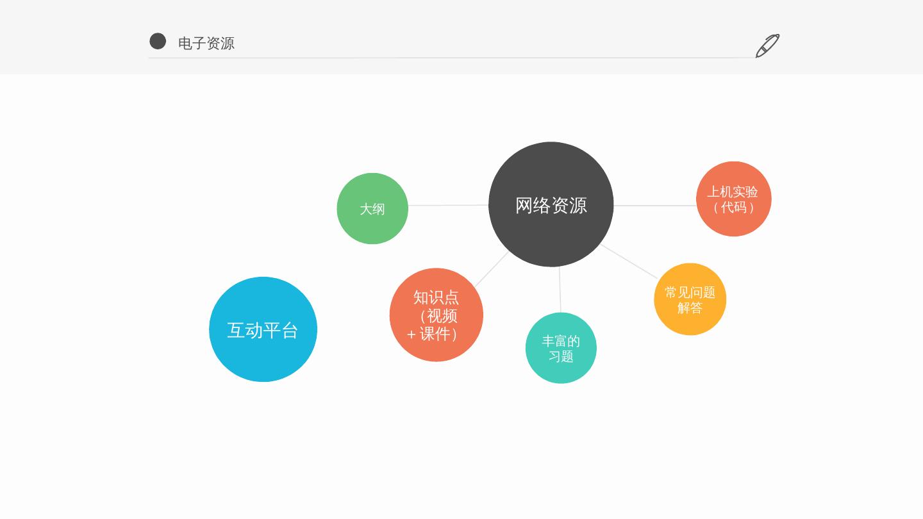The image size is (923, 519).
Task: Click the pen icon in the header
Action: [767, 45]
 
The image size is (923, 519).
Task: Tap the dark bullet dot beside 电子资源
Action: [158, 41]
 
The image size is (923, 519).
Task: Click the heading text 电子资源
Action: [206, 43]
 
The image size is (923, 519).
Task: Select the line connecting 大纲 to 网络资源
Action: [448, 206]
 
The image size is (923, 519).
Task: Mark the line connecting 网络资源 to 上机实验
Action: [654, 206]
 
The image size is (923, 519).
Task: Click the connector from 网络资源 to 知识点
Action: [492, 269]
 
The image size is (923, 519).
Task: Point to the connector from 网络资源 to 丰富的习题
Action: [560, 290]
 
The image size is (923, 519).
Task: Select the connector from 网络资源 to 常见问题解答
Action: [629, 261]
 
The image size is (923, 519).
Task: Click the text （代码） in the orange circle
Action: [733, 208]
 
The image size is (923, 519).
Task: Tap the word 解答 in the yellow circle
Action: [690, 308]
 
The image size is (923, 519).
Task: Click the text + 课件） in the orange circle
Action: [433, 334]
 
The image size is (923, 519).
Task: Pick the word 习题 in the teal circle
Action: [561, 356]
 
